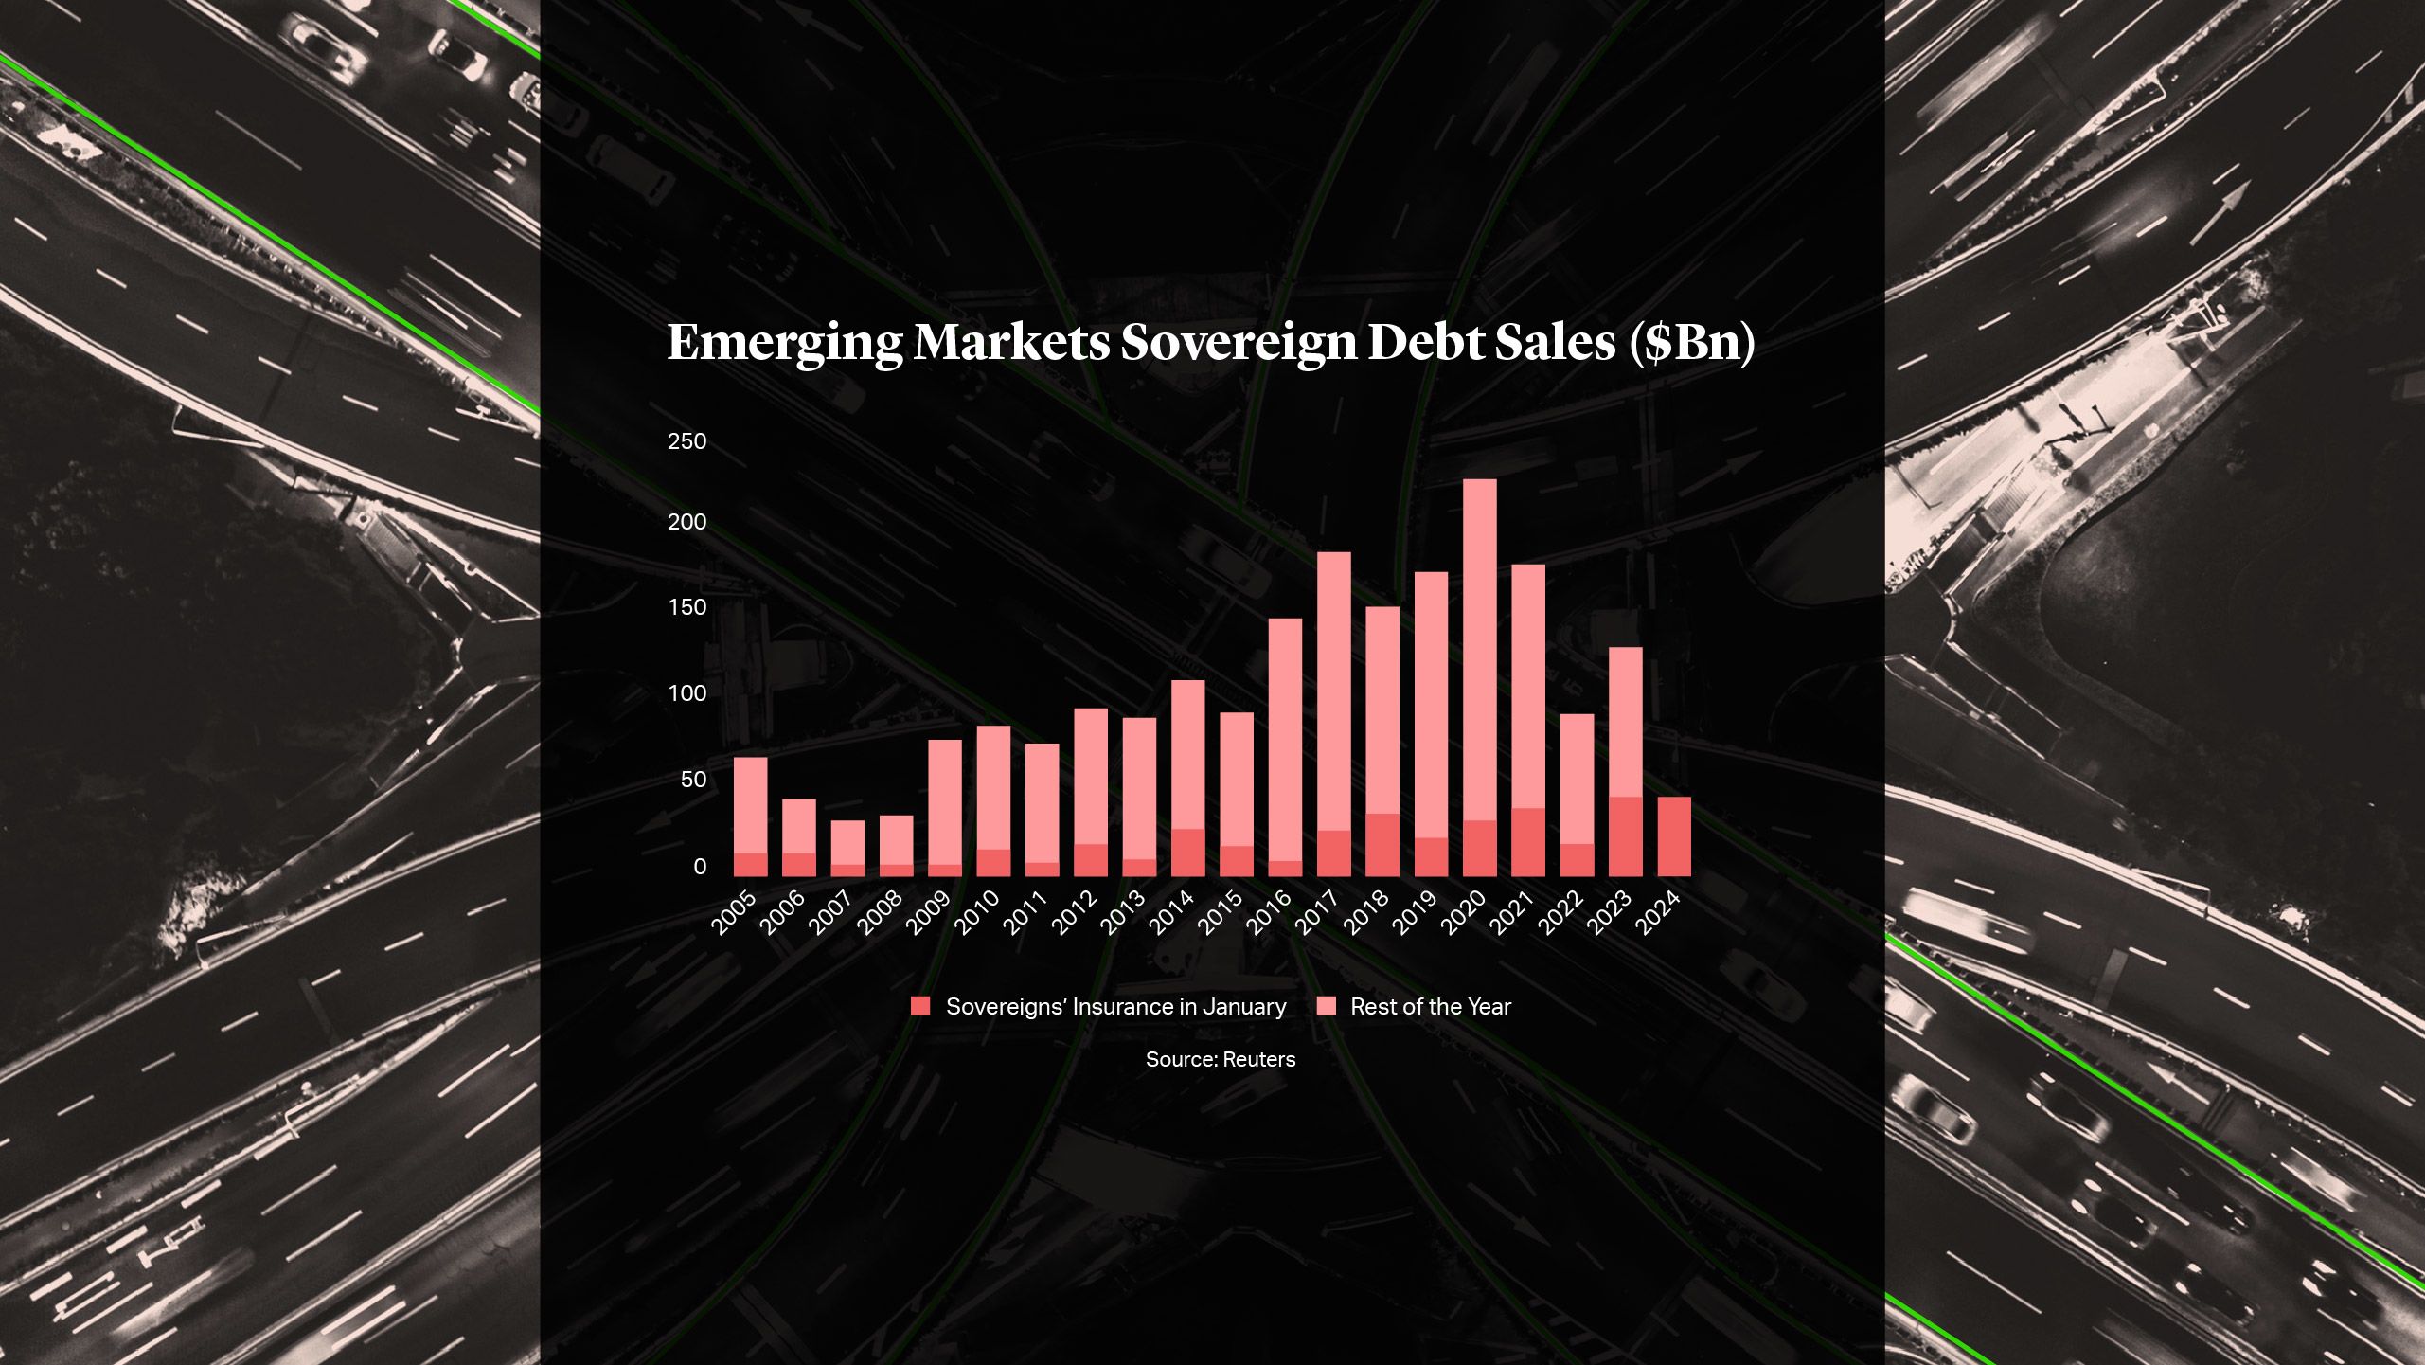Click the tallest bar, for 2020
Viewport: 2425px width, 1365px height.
(1480, 663)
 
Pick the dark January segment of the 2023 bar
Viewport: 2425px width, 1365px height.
(1626, 836)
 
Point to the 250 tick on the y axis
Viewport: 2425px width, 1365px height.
(687, 441)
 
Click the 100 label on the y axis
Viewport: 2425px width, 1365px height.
(687, 693)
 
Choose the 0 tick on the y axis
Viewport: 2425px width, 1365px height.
(700, 867)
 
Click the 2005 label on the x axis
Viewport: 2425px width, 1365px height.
(735, 912)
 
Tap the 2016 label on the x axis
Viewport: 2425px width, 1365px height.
(1269, 912)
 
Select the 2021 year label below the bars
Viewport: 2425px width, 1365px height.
(1512, 912)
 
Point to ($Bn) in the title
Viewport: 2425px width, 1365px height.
(1691, 342)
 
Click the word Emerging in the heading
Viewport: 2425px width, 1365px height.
(785, 343)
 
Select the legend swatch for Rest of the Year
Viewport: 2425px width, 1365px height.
(1327, 1007)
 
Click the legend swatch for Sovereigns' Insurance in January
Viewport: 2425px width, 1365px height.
(920, 1007)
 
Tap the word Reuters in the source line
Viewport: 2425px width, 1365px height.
(1258, 1059)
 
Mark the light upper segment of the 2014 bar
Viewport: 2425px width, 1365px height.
(1188, 753)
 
